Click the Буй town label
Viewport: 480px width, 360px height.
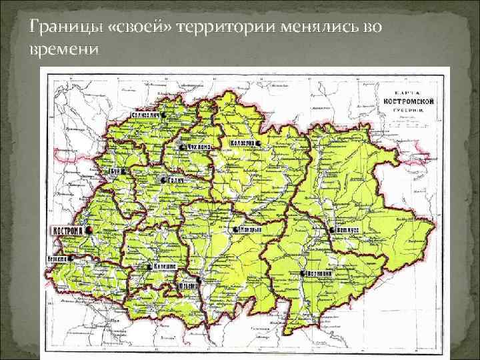114,171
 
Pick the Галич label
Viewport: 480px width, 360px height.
174,180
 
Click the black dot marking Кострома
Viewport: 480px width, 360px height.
88,230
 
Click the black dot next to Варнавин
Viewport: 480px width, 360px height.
303,274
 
